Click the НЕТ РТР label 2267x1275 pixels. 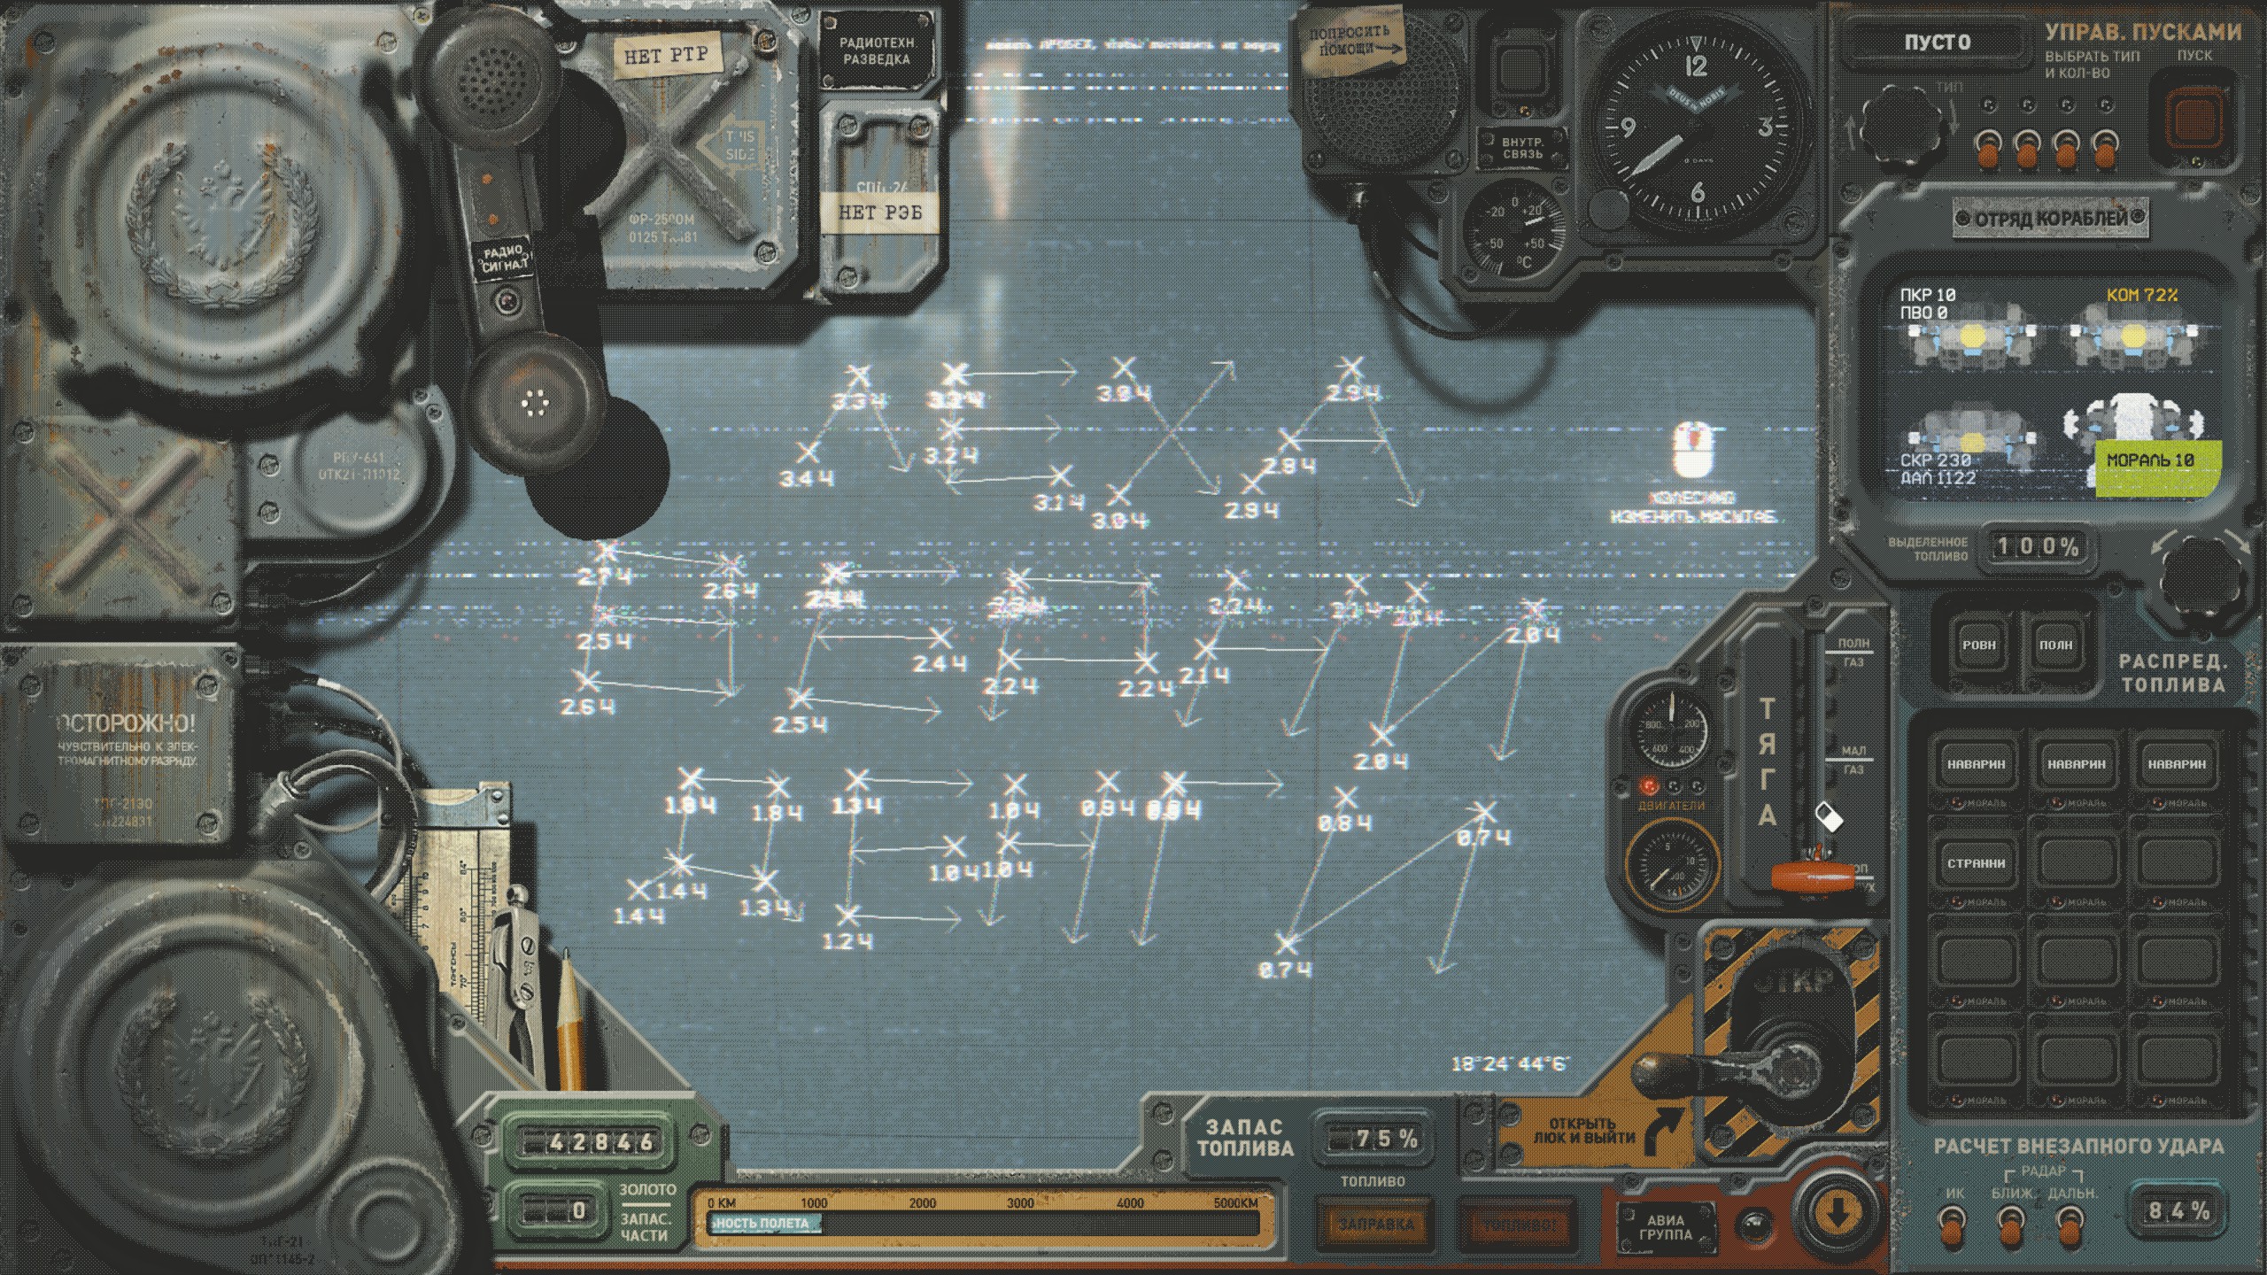click(x=666, y=56)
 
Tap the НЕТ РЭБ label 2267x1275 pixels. click(x=879, y=212)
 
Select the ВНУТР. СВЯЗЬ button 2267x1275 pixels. click(x=1522, y=148)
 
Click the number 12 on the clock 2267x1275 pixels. click(x=1696, y=66)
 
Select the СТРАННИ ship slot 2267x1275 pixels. click(x=1976, y=862)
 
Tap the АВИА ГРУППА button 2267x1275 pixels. click(x=1666, y=1226)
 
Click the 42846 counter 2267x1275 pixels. click(x=589, y=1142)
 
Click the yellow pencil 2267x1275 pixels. click(x=569, y=1018)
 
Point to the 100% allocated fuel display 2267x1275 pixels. click(x=2036, y=546)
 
